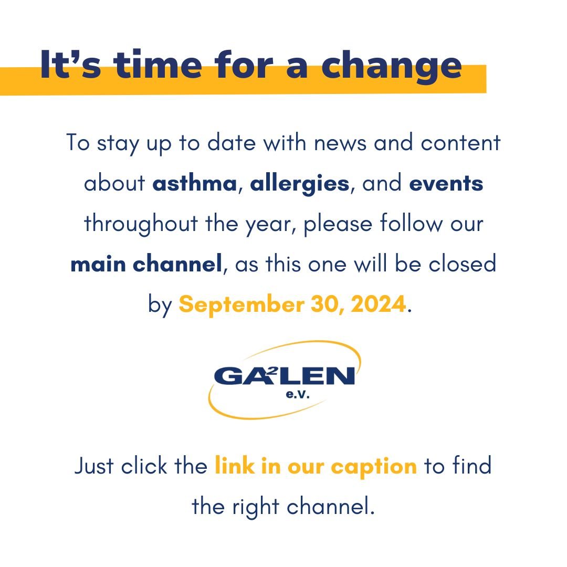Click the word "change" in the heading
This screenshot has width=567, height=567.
point(391,65)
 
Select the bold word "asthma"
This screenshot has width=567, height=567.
point(195,184)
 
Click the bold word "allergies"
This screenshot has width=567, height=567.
point(300,184)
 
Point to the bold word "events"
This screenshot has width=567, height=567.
point(446,184)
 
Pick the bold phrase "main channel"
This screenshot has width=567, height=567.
point(146,264)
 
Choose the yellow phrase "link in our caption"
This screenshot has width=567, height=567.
point(316,466)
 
